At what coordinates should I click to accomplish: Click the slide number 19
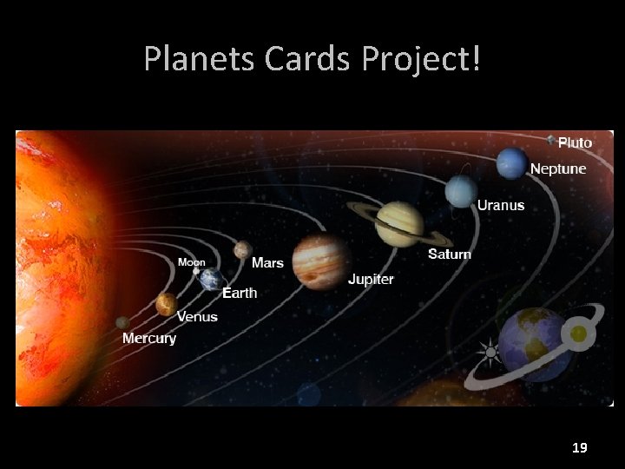click(580, 448)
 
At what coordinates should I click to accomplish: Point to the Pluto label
click(575, 142)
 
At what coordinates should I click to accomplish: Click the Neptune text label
click(557, 168)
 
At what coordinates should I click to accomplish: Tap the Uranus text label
click(501, 206)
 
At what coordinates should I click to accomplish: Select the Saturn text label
click(450, 254)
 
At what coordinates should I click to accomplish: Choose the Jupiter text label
click(371, 280)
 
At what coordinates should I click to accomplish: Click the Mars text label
click(267, 262)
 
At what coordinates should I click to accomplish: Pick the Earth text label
click(240, 293)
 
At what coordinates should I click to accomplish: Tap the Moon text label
click(192, 261)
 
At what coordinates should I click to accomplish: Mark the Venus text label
click(197, 316)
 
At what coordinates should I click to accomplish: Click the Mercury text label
click(149, 338)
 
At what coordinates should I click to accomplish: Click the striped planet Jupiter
click(319, 261)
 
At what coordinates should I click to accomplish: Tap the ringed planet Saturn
click(399, 223)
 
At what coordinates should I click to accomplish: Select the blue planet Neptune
click(512, 162)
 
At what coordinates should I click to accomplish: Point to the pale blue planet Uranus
click(461, 192)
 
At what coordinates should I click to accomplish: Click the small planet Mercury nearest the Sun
click(122, 323)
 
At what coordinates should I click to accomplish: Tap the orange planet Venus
click(166, 304)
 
